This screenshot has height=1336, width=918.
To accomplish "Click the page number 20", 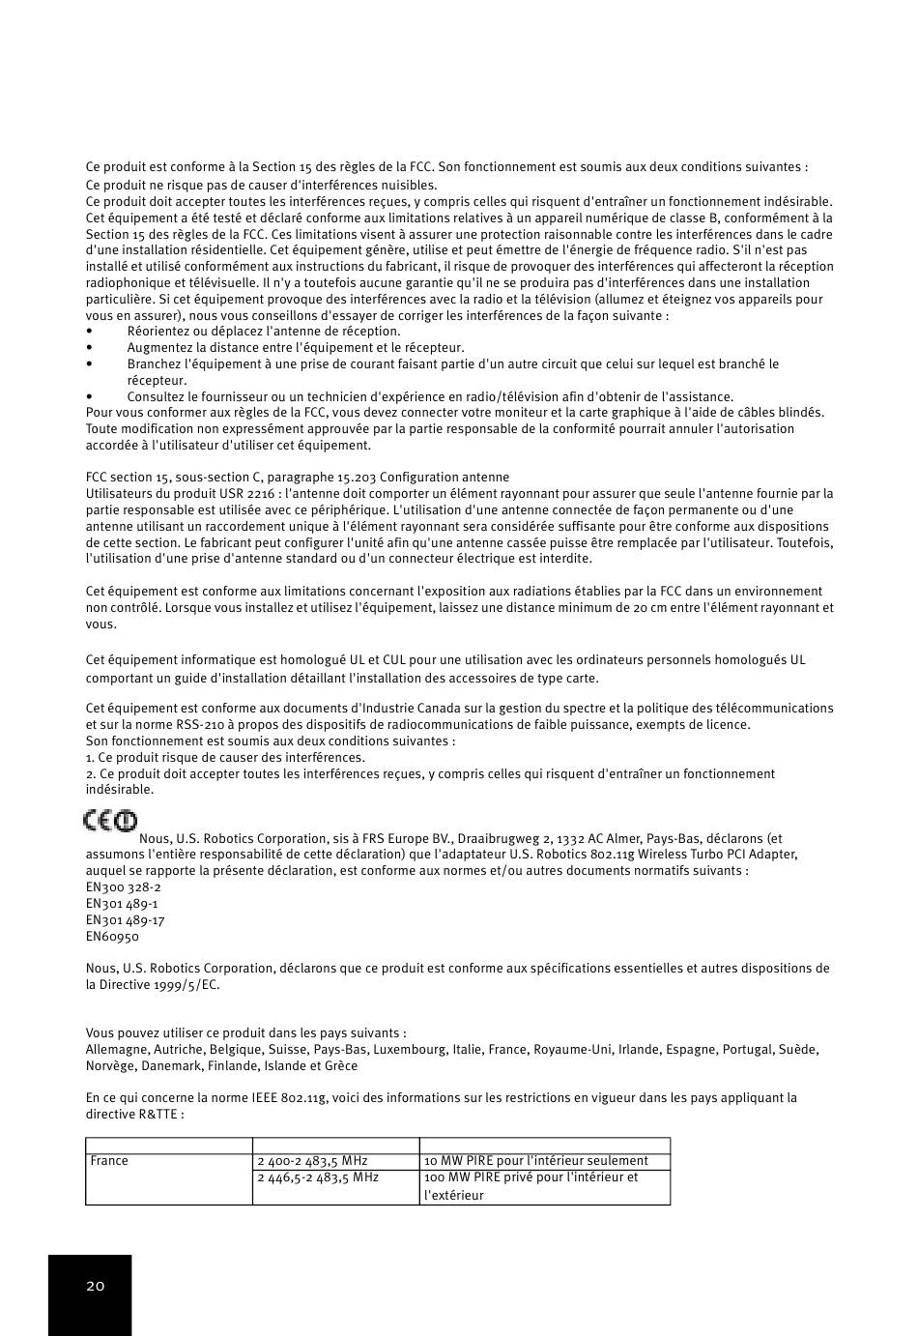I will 95,1286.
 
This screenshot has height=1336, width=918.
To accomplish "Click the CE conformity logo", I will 109,821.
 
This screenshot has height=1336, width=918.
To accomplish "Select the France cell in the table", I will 109,1161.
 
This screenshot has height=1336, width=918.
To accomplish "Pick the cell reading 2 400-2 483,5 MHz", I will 312,1161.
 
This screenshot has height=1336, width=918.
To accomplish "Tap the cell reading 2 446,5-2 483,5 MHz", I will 318,1177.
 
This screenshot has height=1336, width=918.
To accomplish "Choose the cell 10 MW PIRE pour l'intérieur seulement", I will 535,1161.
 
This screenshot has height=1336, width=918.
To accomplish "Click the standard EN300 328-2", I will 123,887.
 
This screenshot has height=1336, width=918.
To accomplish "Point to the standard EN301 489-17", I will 125,920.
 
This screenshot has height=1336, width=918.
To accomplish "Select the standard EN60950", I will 112,937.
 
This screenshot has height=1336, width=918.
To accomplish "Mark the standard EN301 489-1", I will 122,904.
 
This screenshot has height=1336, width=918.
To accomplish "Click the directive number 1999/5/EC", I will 186,985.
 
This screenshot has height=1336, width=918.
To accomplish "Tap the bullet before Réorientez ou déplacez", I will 89,332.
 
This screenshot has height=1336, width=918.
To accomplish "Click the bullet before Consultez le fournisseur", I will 89,396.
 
